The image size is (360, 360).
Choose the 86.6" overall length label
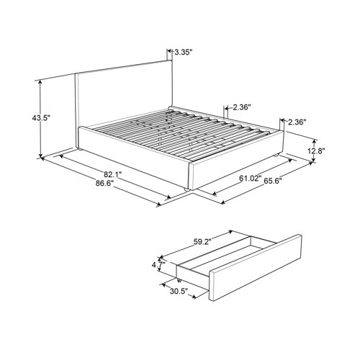[x=103, y=184]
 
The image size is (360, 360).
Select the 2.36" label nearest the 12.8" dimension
[x=297, y=122]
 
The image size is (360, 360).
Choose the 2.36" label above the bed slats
[x=242, y=107]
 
